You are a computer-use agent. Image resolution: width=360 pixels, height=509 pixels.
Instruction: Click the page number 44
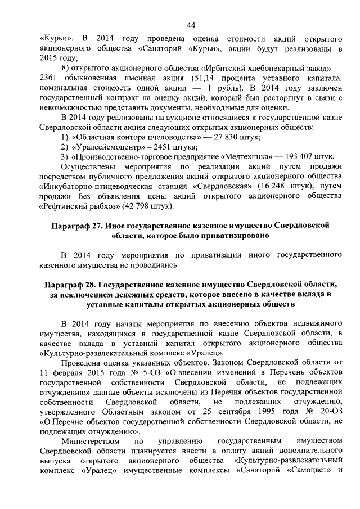coord(191,25)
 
